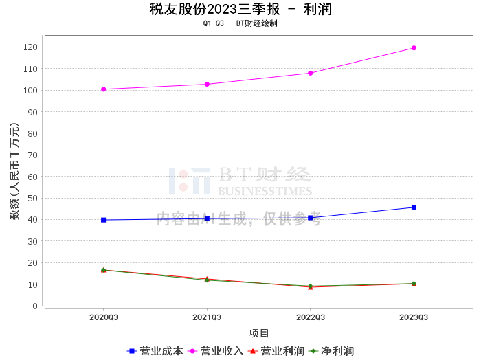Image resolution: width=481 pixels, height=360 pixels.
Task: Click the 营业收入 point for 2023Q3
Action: coord(414,48)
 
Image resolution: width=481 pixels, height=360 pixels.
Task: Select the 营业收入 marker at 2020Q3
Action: coord(103,89)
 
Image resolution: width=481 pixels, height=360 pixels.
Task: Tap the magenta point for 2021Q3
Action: coord(207,84)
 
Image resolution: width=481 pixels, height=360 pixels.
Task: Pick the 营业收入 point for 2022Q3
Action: coord(311,73)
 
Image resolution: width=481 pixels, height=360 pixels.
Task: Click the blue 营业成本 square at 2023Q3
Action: coord(414,207)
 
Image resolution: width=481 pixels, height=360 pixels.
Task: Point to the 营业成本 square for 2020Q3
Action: coord(103,220)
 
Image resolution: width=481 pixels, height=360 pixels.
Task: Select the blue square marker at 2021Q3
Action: coord(207,218)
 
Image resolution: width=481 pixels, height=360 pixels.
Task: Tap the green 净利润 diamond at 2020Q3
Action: coord(103,270)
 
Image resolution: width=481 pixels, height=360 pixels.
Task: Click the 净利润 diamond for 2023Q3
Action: coord(414,284)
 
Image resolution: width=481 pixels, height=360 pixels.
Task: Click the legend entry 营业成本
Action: coord(155,351)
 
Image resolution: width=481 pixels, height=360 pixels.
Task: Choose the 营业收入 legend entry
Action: coord(215,351)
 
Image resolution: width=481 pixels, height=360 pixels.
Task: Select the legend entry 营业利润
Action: coord(276,351)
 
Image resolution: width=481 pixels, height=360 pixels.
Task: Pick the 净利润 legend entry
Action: coord(331,351)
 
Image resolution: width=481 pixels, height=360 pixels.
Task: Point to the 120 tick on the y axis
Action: coord(30,47)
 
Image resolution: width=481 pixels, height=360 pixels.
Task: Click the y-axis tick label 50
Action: coord(32,198)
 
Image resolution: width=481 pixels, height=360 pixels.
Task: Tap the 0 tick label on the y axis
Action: coord(35,306)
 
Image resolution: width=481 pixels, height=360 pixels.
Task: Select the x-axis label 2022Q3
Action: coord(311,317)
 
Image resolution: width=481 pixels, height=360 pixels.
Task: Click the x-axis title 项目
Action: coord(259,333)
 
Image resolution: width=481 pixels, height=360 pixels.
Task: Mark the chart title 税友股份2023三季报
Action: coord(214,9)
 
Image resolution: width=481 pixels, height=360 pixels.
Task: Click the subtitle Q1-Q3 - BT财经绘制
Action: coord(240,23)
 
